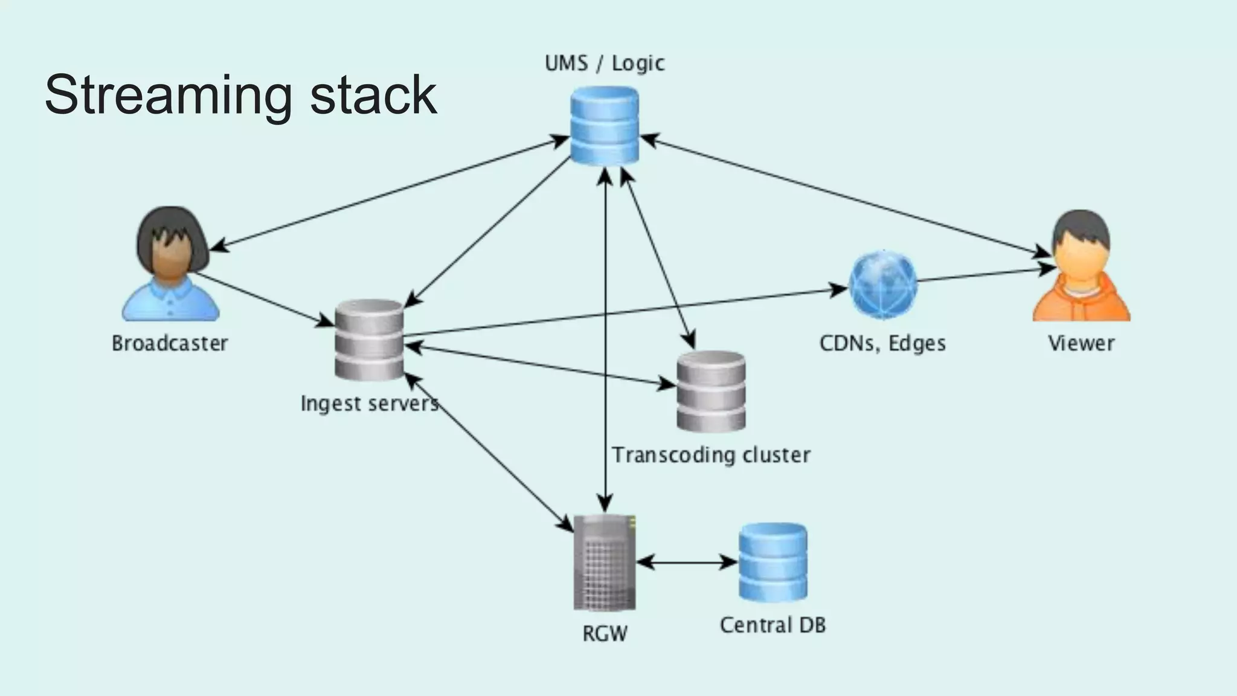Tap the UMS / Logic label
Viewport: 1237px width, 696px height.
pos(604,63)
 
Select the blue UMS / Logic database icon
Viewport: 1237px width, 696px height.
pos(604,125)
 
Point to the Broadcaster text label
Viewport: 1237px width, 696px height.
pos(170,343)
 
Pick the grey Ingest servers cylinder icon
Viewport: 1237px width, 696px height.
pos(369,340)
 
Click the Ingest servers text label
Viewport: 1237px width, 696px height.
pos(369,403)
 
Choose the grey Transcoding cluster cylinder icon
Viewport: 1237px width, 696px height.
pos(711,391)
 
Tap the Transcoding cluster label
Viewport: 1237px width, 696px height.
pos(711,454)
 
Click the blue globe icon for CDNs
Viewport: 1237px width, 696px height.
pos(882,285)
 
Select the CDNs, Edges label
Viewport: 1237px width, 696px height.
pos(882,343)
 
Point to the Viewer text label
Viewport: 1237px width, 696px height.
pos(1081,343)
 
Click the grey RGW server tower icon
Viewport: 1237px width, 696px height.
pos(604,562)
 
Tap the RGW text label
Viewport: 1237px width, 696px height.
pos(605,633)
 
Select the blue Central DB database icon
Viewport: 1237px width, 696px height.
pos(773,562)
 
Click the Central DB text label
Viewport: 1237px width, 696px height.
pos(773,625)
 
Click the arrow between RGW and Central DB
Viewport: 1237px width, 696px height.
pos(687,562)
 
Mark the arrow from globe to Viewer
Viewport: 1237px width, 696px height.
pos(985,275)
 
